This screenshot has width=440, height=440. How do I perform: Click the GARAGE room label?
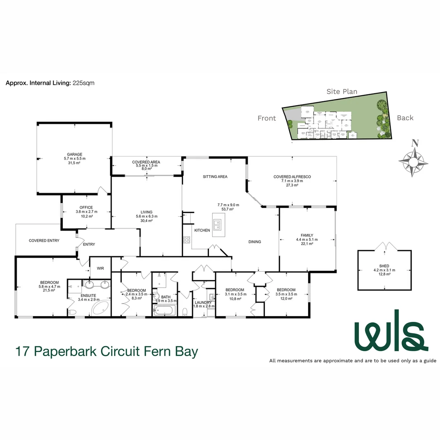(x=75, y=154)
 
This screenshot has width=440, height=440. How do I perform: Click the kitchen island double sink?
(x=217, y=224)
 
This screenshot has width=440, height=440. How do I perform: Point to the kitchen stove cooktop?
(x=187, y=240)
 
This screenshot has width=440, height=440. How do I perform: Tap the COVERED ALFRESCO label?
(x=293, y=176)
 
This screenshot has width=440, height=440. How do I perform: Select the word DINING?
(x=255, y=242)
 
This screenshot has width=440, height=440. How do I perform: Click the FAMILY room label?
(x=307, y=235)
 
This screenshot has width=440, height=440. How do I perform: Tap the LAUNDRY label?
(x=202, y=302)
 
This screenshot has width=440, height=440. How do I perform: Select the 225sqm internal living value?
(x=84, y=83)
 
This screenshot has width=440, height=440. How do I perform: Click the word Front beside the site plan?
(x=266, y=119)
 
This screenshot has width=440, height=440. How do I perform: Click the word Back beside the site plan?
(x=405, y=118)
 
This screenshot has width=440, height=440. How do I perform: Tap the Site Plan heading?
(x=341, y=92)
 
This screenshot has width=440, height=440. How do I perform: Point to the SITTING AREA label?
(x=215, y=177)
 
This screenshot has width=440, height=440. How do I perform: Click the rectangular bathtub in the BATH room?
(x=164, y=311)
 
